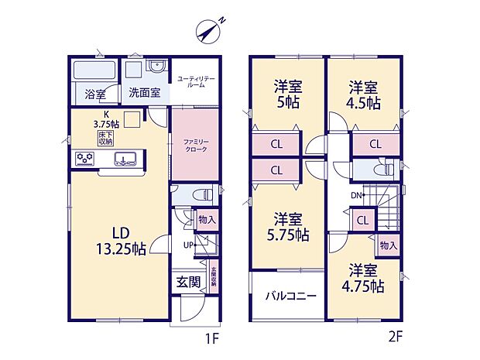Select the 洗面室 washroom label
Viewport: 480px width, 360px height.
pos(145,93)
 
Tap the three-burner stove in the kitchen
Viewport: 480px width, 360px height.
pos(84,159)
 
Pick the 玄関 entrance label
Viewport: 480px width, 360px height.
pos(186,282)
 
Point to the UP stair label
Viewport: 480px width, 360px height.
pos(188,245)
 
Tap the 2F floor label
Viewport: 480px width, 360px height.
pos(396,338)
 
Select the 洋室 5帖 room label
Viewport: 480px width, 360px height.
pos(286,94)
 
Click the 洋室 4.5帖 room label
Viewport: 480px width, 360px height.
pos(364,94)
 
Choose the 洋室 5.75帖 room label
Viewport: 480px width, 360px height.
pos(286,226)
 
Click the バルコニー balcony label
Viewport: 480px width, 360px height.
pos(286,296)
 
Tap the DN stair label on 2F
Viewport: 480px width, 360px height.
pos(357,194)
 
